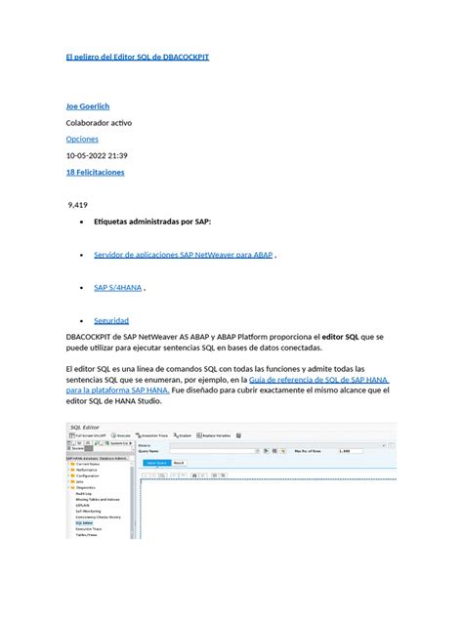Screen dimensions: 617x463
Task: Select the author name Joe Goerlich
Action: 87,105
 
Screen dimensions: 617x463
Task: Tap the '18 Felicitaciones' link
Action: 95,172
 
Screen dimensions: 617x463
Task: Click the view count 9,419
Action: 78,205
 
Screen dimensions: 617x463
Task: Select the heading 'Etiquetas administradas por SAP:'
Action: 151,222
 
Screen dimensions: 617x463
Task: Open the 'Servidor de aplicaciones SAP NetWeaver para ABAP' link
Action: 183,255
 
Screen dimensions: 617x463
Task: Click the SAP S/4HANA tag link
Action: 118,288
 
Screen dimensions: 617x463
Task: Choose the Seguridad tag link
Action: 111,321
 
